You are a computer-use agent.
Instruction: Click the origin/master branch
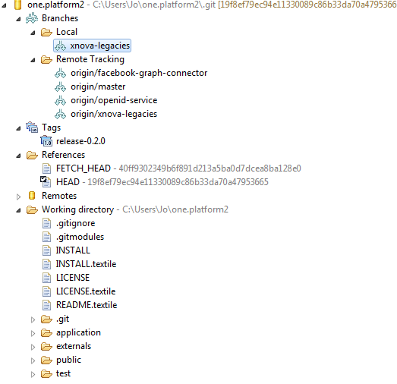tap(98, 87)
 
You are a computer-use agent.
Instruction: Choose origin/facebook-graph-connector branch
tap(139, 73)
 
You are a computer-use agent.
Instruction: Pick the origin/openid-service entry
tap(114, 100)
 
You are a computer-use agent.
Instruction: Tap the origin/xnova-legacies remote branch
tap(114, 114)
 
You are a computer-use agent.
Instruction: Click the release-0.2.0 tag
tap(80, 141)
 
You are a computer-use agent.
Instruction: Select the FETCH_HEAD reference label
tap(83, 168)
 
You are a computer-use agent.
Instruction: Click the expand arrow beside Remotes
tap(18, 197)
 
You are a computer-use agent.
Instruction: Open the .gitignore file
tap(75, 223)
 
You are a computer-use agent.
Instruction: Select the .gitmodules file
tap(80, 237)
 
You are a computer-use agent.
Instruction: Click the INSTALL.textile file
tap(86, 264)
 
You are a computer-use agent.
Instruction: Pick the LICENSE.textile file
tap(86, 291)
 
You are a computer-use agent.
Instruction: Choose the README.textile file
tap(87, 305)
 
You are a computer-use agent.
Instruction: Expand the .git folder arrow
tap(33, 319)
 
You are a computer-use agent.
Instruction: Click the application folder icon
tap(46, 332)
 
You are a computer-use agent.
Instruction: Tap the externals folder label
tap(74, 346)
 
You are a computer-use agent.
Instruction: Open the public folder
tap(68, 360)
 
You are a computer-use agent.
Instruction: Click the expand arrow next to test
tap(33, 374)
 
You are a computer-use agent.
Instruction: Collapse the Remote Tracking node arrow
tap(33, 60)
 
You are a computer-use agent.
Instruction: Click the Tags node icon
tap(32, 127)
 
